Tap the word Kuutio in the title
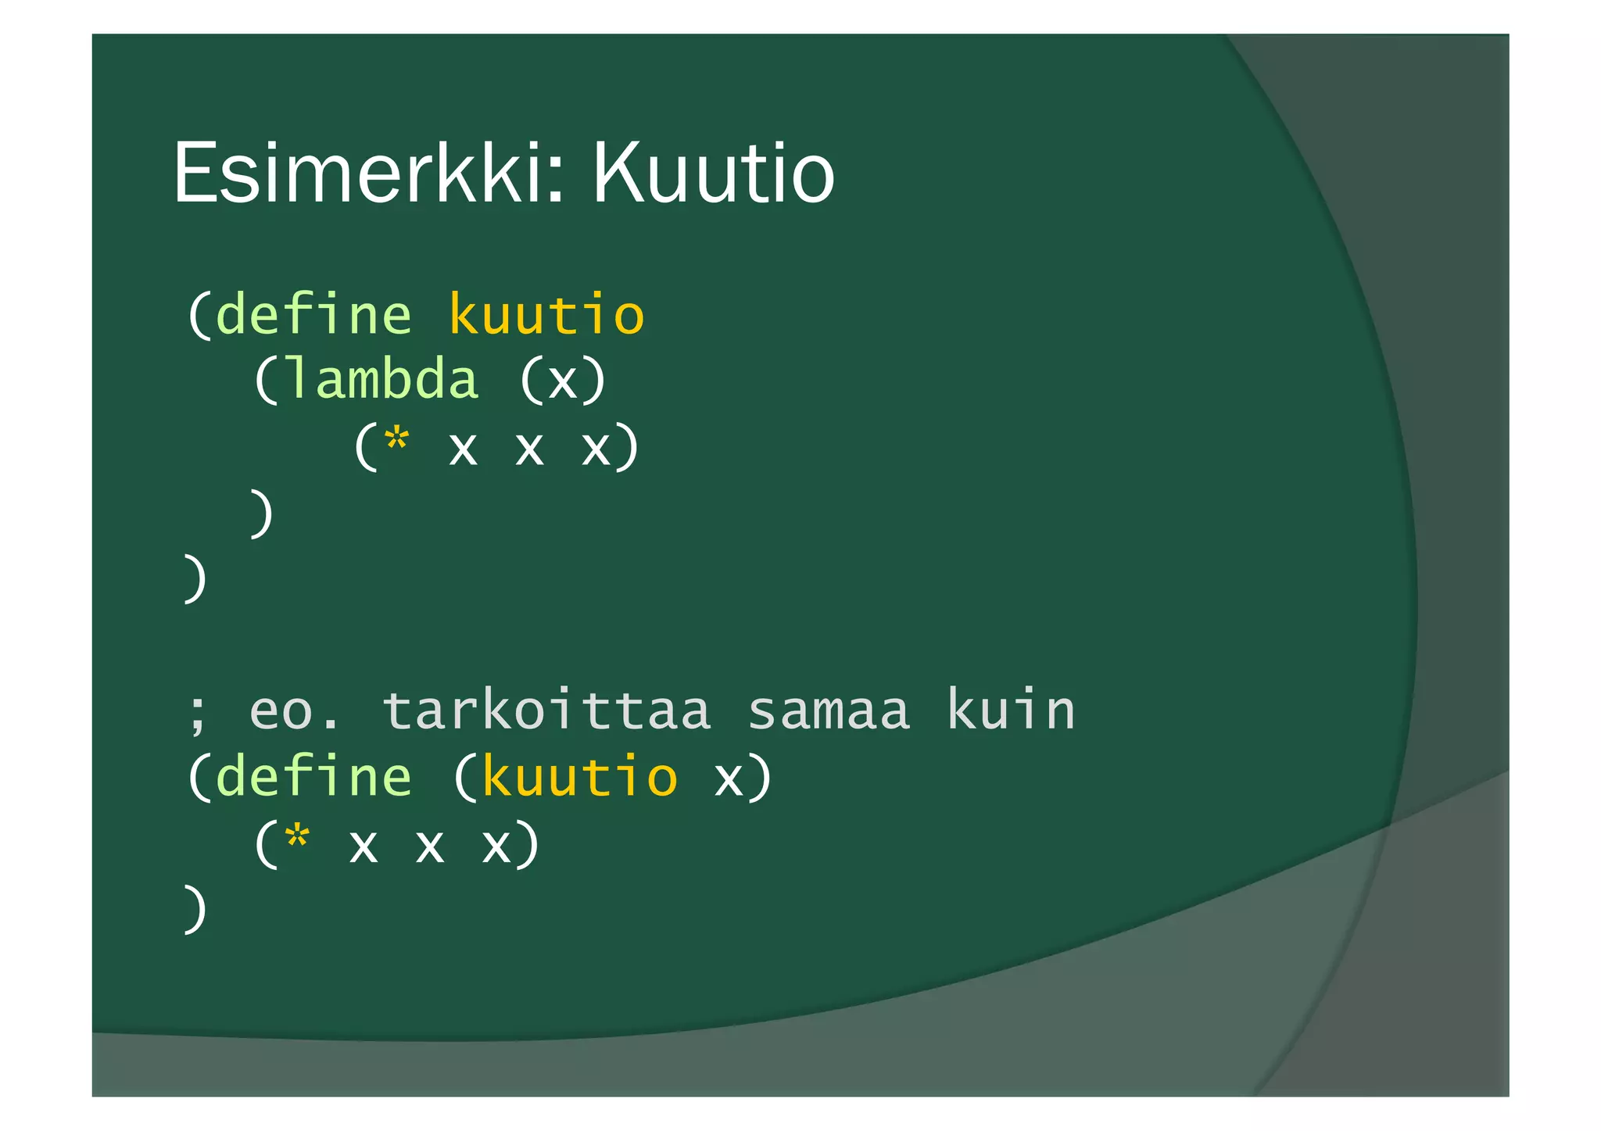[x=713, y=174]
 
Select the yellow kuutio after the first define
[x=546, y=314]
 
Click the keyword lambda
[x=381, y=380]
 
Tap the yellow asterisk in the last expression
[x=297, y=839]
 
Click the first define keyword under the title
[x=313, y=314]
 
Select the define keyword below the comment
[x=313, y=777]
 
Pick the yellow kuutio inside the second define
[x=579, y=777]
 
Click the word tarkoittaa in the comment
[x=546, y=711]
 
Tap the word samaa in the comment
[x=829, y=711]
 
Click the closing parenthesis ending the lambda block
[x=262, y=514]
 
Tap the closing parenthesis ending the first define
[x=195, y=579]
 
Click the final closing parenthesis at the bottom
[x=195, y=910]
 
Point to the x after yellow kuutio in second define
[x=729, y=780]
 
